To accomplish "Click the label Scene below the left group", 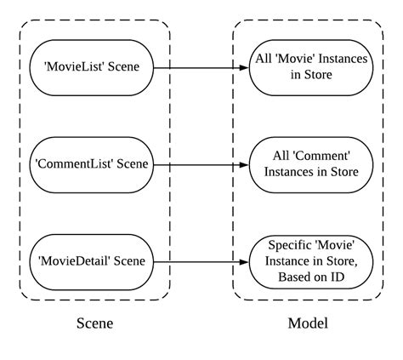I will (x=94, y=323).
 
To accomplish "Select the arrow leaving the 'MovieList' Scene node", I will (x=200, y=66).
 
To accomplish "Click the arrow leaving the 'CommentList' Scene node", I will (x=200, y=163).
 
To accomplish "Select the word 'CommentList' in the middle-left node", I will (x=71, y=162).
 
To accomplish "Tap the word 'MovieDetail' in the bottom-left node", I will (x=72, y=259).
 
